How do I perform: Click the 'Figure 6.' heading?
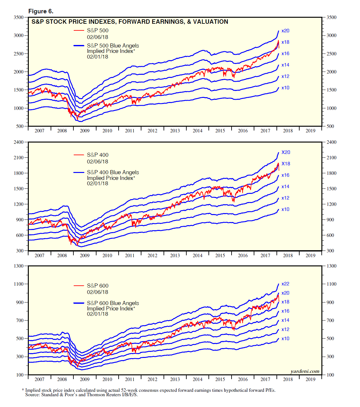[41, 11]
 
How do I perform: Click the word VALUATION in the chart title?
[210, 22]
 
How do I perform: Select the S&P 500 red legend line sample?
[79, 31]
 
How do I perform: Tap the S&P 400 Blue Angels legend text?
[113, 172]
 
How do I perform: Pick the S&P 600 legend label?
[97, 286]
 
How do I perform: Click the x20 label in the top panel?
[285, 31]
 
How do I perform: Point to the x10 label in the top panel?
[285, 88]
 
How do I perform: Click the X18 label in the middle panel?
[286, 164]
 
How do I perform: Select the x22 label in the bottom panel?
[285, 284]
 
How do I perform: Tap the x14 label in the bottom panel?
[285, 320]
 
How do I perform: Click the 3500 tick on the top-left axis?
[19, 17]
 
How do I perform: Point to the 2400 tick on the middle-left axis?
[19, 142]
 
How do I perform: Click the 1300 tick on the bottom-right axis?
[332, 266]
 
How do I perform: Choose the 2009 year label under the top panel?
[84, 131]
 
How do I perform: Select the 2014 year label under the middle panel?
[197, 256]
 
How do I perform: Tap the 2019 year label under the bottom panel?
[310, 379]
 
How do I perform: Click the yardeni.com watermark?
[305, 372]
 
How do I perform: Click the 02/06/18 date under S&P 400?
[97, 162]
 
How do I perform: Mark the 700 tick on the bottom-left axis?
[20, 321]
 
